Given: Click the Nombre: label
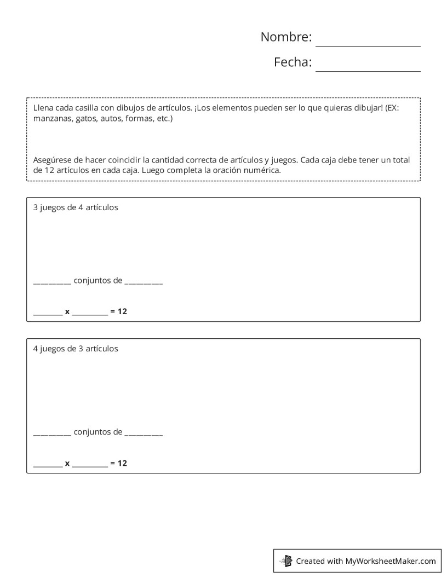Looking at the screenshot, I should click(286, 37).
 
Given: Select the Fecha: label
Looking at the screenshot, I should click(293, 62).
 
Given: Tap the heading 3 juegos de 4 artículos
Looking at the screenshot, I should click(76, 207).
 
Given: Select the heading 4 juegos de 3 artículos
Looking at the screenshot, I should click(76, 348).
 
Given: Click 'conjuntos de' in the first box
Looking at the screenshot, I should click(98, 281).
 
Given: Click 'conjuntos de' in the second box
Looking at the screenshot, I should click(98, 432).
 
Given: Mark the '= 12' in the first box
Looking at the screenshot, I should click(118, 311).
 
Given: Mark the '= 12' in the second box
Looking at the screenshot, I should click(118, 463).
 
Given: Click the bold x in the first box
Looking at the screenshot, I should click(67, 311).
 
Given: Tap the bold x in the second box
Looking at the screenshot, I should click(67, 463).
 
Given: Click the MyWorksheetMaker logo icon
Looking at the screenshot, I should click(286, 560).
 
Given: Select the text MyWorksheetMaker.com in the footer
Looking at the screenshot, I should click(390, 560).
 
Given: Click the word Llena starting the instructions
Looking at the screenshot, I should click(43, 108).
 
